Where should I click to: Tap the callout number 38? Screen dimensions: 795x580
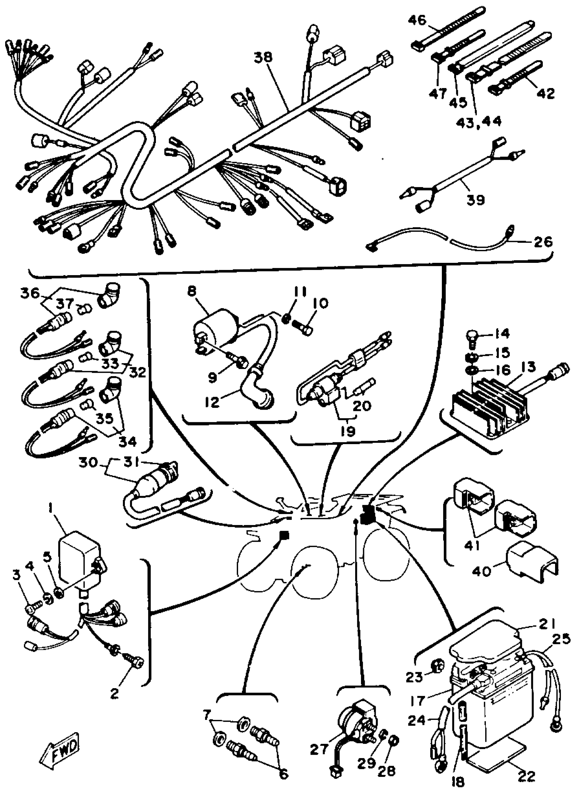[x=263, y=57]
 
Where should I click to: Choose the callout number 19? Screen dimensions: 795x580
[x=348, y=431]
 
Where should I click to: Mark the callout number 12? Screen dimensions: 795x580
[x=212, y=401]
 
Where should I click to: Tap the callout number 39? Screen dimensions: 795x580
[x=476, y=200]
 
